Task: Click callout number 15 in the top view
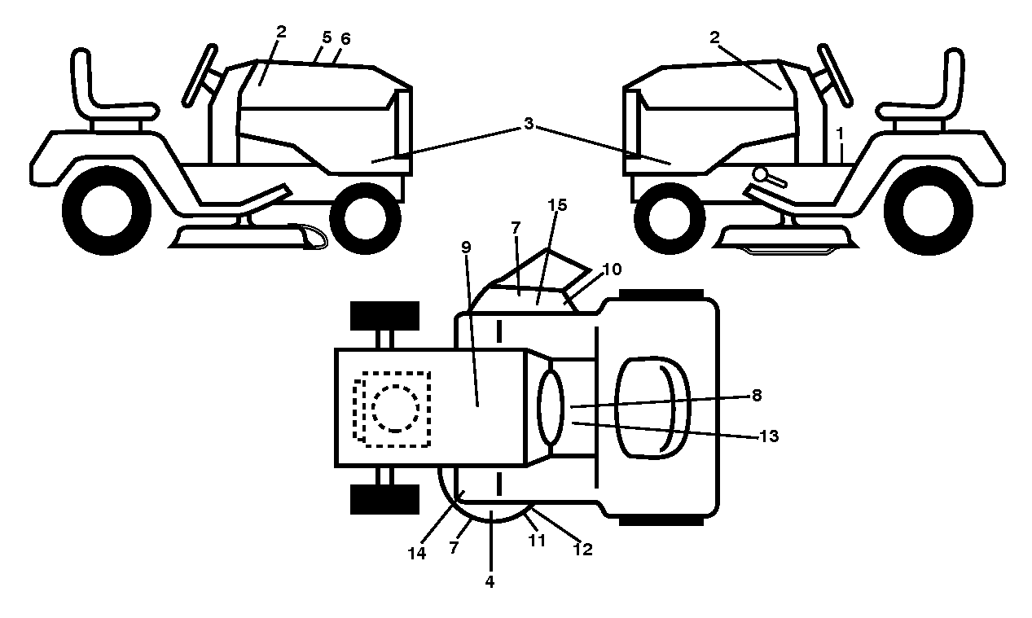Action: tap(557, 205)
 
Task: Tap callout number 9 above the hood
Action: tap(466, 248)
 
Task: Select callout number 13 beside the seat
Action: tap(769, 436)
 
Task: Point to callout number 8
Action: tap(757, 395)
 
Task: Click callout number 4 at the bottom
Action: tap(490, 582)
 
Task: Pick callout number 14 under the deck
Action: tap(417, 554)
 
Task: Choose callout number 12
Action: tap(583, 549)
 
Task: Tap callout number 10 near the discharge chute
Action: tap(612, 269)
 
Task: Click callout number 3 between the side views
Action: tap(529, 124)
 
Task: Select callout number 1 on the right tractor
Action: tap(840, 134)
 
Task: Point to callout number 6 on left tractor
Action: tap(345, 39)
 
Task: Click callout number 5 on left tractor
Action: tap(327, 37)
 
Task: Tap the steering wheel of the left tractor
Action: tap(200, 76)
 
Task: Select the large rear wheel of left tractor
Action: tap(107, 210)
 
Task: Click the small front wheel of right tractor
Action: tap(670, 218)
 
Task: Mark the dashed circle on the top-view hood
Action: tap(395, 409)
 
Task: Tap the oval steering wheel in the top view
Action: tap(551, 408)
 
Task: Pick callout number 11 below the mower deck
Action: tap(537, 540)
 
